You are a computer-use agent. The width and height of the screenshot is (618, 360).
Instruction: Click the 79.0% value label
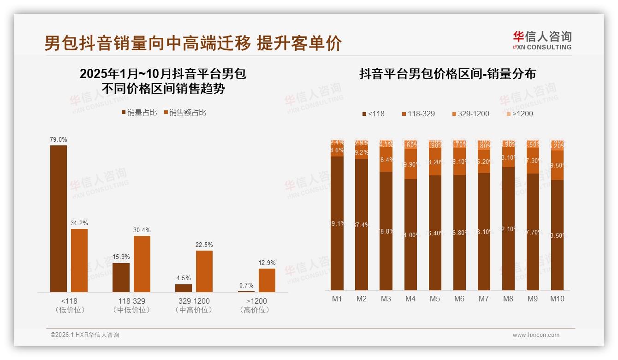(x=59, y=139)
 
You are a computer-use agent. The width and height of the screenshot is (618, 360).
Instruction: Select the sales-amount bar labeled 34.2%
(x=79, y=260)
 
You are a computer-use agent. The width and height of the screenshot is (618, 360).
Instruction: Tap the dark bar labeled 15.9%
(x=121, y=277)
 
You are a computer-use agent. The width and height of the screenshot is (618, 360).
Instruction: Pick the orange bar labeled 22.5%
(x=204, y=271)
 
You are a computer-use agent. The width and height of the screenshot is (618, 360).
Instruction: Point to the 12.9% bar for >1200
(x=267, y=280)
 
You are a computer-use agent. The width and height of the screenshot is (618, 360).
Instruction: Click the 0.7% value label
(x=246, y=285)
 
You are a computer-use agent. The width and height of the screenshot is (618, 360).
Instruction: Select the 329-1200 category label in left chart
(x=194, y=301)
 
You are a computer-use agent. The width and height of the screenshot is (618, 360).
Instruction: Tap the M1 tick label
(x=337, y=299)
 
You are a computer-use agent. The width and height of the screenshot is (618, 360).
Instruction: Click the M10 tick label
(x=557, y=299)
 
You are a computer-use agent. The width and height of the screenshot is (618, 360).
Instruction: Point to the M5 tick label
(x=435, y=299)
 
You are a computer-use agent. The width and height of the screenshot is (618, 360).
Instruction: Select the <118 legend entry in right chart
(x=373, y=114)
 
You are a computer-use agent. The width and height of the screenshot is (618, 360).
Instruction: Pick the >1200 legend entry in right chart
(x=519, y=114)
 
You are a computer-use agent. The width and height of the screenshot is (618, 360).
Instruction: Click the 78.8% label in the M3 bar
(x=386, y=231)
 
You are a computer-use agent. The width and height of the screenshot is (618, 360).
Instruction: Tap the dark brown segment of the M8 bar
(x=508, y=228)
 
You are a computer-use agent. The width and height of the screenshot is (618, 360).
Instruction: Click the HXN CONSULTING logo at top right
(x=542, y=40)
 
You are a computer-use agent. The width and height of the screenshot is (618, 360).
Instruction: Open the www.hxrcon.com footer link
(x=536, y=335)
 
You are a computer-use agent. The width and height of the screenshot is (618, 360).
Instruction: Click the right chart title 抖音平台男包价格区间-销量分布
(x=447, y=74)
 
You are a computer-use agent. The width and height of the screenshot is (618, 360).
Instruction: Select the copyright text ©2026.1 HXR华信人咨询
(x=85, y=335)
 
